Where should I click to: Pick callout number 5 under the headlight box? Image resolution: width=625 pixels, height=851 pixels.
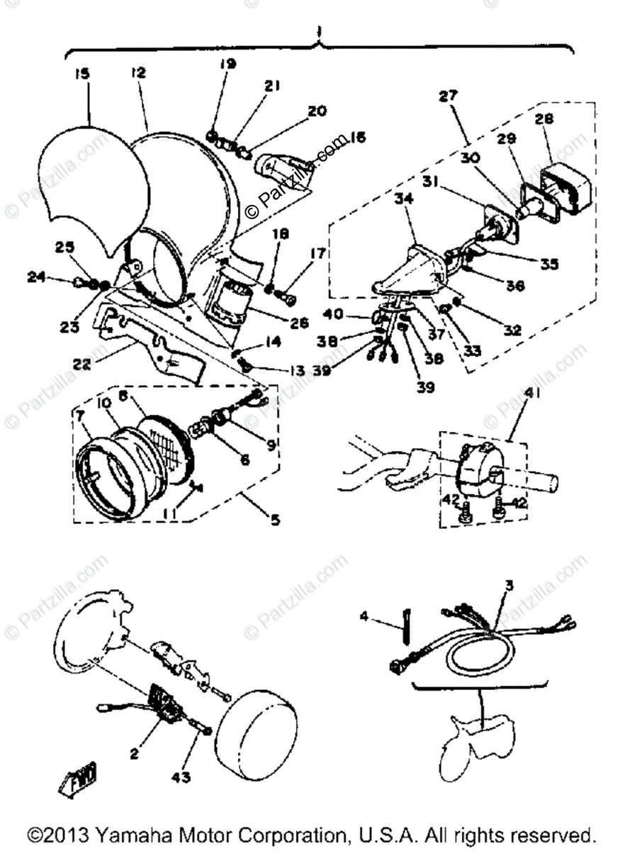click(274, 520)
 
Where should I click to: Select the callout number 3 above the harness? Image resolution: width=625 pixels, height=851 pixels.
click(509, 586)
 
